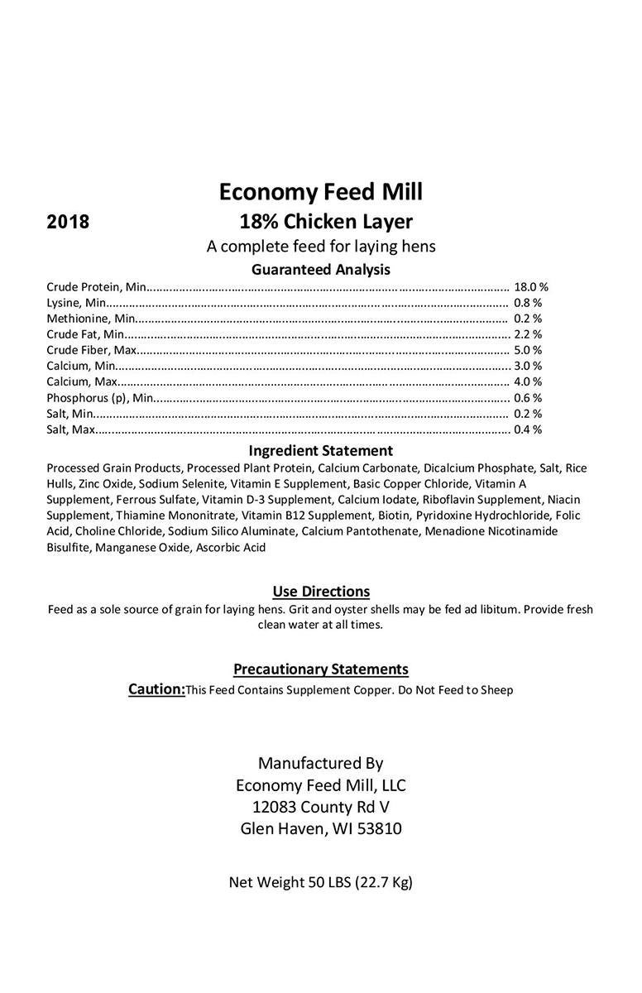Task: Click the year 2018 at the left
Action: [69, 222]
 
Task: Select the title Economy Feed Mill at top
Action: [321, 192]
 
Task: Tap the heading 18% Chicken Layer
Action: [325, 222]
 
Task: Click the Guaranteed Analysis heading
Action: [321, 270]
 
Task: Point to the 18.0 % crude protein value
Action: [531, 287]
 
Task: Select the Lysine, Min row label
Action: [71, 303]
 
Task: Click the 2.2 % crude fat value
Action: [528, 334]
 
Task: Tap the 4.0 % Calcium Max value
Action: [528, 381]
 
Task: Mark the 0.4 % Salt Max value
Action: [528, 429]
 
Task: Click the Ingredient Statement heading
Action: [321, 451]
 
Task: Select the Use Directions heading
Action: [321, 592]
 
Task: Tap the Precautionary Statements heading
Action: [321, 669]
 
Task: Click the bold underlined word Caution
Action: [156, 689]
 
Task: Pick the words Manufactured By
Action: [321, 763]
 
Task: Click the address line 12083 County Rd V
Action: [321, 807]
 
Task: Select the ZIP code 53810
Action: [376, 828]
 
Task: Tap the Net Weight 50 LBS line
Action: [321, 882]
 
